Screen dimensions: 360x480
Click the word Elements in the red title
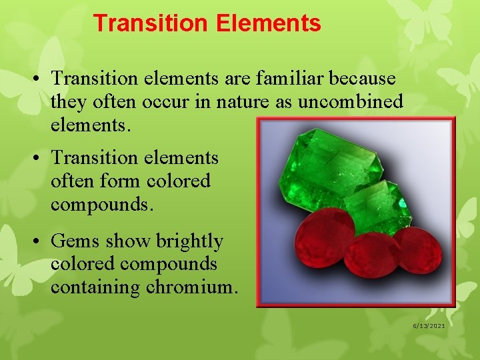tap(268, 24)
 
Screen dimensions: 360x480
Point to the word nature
tap(257, 102)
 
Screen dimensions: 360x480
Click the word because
tap(363, 79)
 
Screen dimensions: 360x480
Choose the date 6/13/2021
tap(428, 325)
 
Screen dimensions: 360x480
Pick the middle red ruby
tap(367, 254)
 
